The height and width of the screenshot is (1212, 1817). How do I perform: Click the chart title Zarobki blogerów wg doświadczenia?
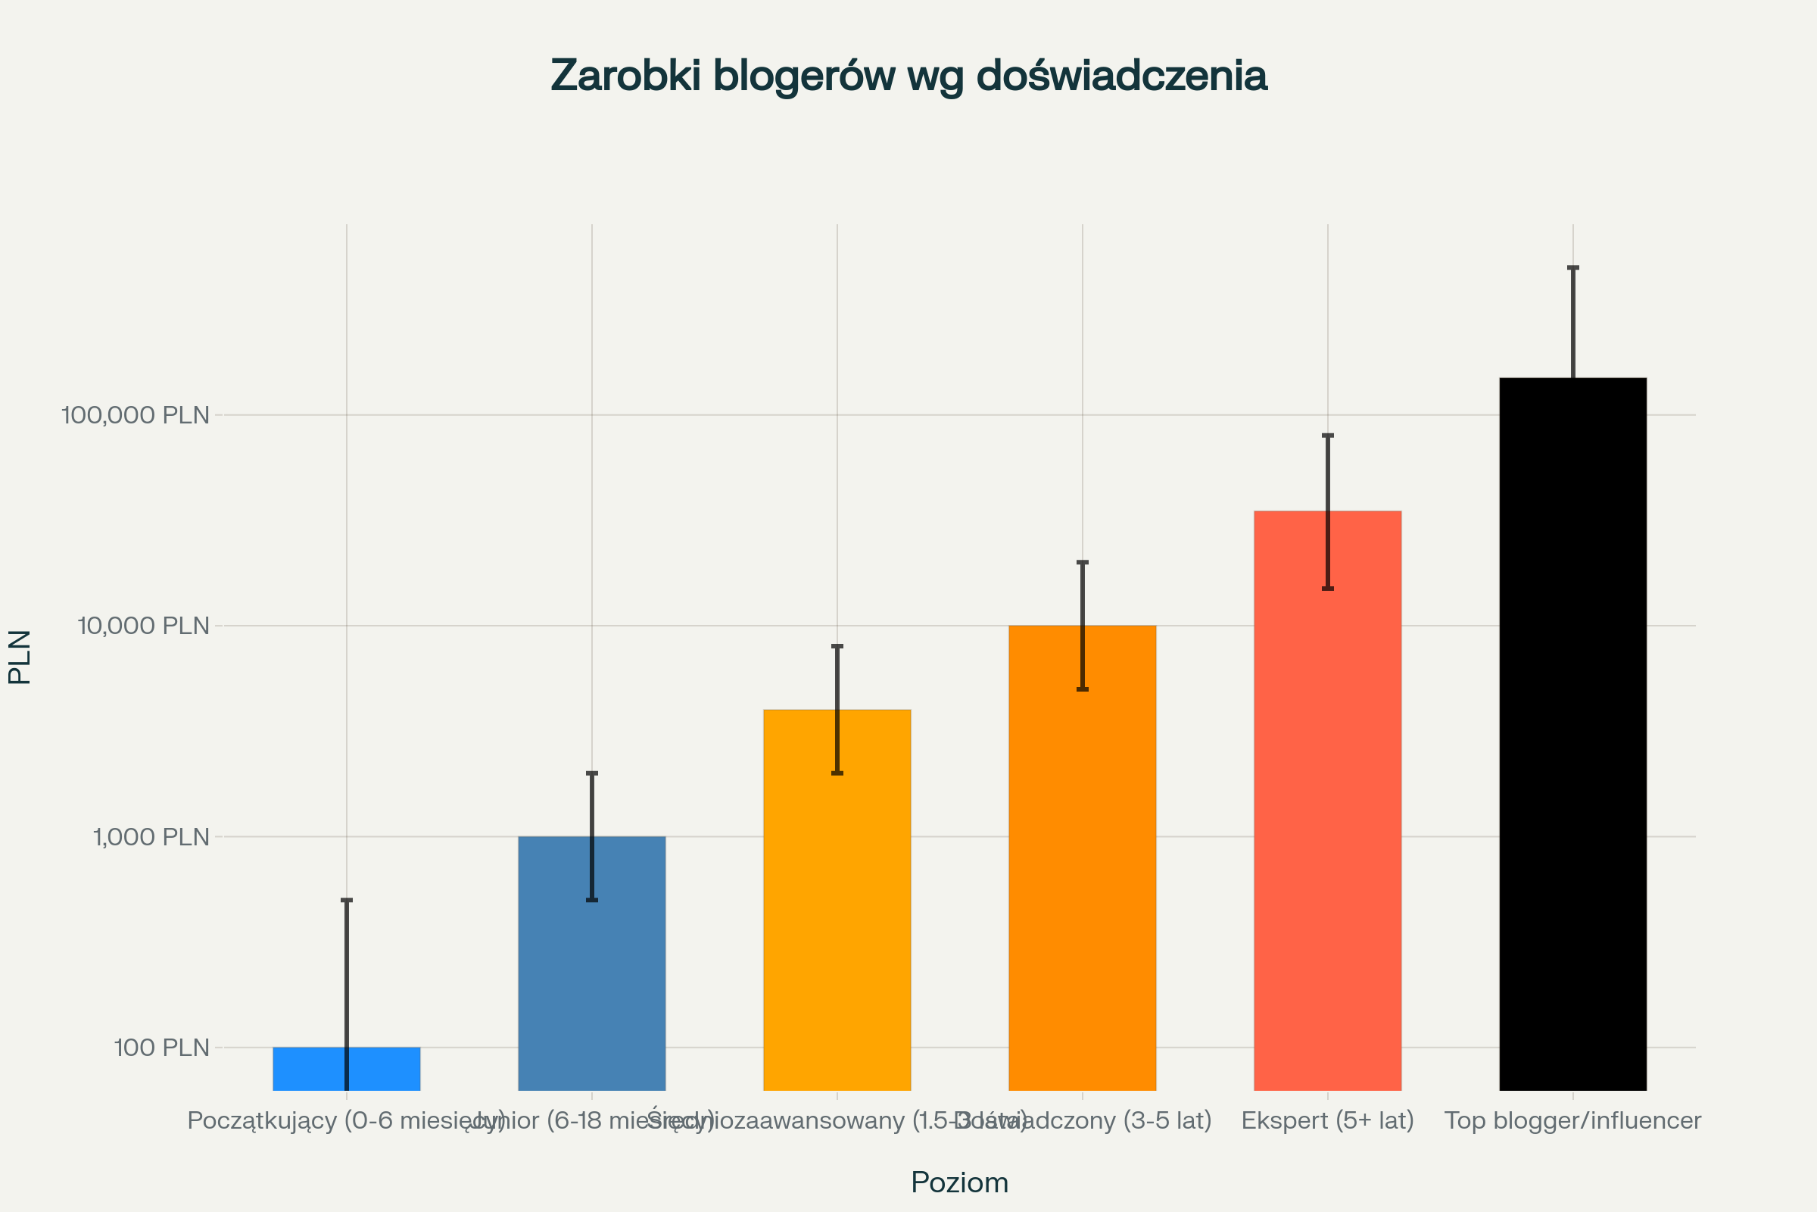[x=908, y=76]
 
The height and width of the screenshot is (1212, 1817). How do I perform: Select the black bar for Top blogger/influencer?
[x=1573, y=734]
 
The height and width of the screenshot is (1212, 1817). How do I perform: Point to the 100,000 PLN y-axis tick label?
[x=136, y=415]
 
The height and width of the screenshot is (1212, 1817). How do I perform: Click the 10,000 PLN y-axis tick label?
[x=144, y=626]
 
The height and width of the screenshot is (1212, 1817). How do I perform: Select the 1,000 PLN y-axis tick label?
[x=151, y=836]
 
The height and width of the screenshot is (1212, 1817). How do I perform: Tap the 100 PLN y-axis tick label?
[x=161, y=1048]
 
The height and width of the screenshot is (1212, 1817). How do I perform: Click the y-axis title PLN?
[x=20, y=657]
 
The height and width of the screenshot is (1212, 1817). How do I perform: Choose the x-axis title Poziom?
[x=959, y=1182]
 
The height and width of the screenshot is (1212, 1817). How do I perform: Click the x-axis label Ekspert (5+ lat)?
[x=1327, y=1120]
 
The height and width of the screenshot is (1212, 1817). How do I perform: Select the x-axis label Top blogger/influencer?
[x=1573, y=1120]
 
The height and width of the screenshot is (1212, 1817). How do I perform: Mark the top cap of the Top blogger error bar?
[x=1573, y=267]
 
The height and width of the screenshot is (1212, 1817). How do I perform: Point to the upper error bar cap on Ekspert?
[x=1328, y=436]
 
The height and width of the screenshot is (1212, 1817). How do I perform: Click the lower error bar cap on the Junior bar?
[x=592, y=900]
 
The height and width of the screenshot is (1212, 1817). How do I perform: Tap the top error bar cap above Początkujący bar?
[x=347, y=900]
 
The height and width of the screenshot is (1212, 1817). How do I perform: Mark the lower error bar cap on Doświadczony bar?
[x=1083, y=689]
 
